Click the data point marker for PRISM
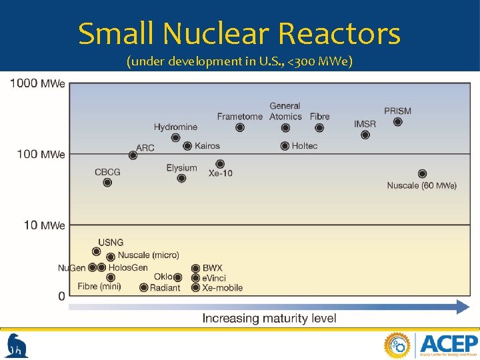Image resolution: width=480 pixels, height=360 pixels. coord(398,122)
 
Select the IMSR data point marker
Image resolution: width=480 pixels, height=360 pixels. coord(365,135)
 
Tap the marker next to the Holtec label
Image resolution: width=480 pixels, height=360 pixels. coord(285,146)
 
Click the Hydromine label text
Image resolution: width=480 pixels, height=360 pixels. coord(175,127)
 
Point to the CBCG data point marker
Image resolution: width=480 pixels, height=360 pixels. coord(107,183)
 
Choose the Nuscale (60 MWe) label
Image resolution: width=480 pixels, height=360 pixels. coord(422,185)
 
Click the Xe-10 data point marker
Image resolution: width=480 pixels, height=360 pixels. coord(220,163)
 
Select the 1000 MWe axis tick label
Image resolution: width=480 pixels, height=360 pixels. coord(37,83)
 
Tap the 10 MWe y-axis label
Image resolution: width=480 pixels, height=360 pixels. coord(45,225)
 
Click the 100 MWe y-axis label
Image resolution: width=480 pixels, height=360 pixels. coord(41,154)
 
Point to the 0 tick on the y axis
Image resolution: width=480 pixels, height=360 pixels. coord(61,295)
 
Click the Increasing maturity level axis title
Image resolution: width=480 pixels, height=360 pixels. coord(269,319)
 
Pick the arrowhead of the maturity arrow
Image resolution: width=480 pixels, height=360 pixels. coord(462,307)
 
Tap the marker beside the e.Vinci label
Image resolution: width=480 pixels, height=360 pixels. coord(195,278)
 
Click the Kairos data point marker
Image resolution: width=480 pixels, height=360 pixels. coord(187,146)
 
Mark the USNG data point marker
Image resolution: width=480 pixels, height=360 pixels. coord(97,252)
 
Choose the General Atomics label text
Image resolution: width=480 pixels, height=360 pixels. coord(285,111)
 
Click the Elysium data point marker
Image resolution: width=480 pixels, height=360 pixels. coord(181,178)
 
